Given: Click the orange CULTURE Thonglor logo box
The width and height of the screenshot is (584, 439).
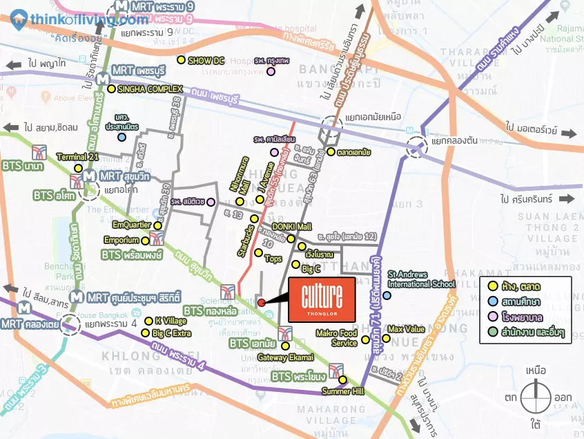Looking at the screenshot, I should pyautogui.click(x=322, y=299).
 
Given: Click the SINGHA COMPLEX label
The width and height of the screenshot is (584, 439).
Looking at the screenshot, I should pyautogui.click(x=150, y=89).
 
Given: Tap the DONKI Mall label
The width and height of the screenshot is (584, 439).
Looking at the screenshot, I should pyautogui.click(x=292, y=227).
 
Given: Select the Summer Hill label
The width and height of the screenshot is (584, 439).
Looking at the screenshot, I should pyautogui.click(x=342, y=391).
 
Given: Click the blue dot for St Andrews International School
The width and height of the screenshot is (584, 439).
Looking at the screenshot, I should pyautogui.click(x=387, y=296).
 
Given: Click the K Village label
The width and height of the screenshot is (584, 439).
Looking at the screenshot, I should pyautogui.click(x=170, y=321).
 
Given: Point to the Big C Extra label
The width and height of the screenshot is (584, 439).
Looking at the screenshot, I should pyautogui.click(x=171, y=333).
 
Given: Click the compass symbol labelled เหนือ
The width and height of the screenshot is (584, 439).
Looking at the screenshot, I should pyautogui.click(x=537, y=399).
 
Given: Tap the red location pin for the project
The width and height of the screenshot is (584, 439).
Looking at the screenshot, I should pyautogui.click(x=261, y=303).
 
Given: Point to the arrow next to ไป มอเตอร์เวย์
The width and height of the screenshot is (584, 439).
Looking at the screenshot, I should pyautogui.click(x=567, y=133).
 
